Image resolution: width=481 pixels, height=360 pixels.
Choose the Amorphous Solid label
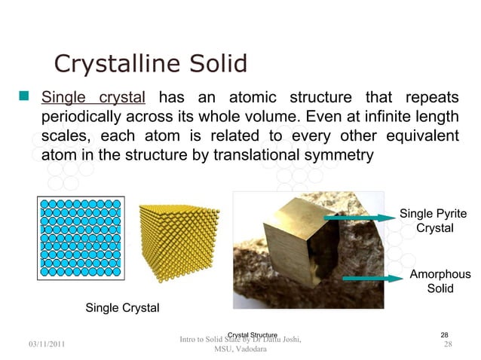point(440,282)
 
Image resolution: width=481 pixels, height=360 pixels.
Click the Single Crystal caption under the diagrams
point(122,307)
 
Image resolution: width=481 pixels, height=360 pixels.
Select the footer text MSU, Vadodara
point(240,349)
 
